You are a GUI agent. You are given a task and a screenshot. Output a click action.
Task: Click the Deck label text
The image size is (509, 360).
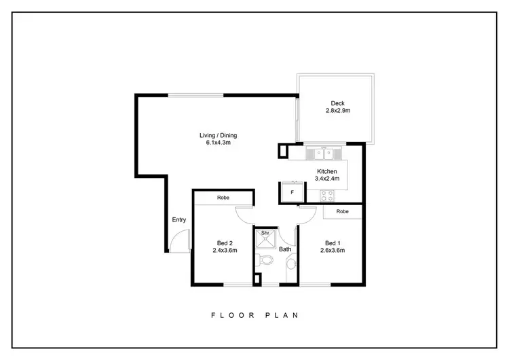pos(337,103)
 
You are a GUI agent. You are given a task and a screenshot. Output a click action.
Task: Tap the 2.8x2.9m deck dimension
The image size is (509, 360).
pos(337,111)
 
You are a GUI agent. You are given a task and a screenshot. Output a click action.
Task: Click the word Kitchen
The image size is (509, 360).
pos(327,171)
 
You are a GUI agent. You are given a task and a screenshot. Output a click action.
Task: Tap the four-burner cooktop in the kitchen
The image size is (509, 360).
pos(328,196)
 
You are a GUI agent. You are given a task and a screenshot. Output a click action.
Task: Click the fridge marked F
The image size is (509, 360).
pos(292,192)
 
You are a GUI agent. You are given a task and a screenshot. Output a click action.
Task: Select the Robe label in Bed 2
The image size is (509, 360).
pos(223,198)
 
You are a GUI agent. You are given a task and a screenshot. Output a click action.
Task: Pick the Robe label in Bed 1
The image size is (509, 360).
pos(343,211)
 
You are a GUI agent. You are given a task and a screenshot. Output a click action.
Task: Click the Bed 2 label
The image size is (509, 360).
pos(225,243)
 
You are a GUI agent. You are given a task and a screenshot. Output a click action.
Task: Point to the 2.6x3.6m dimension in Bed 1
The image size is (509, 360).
pos(333,251)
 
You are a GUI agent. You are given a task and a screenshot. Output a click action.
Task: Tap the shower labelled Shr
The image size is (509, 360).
pos(265,238)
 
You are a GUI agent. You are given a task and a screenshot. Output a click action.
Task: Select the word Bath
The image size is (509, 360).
pos(286,249)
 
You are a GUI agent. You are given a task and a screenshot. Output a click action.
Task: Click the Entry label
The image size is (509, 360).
pos(179,219)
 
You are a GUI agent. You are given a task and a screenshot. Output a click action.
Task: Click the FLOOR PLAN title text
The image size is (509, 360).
pos(254,315)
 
